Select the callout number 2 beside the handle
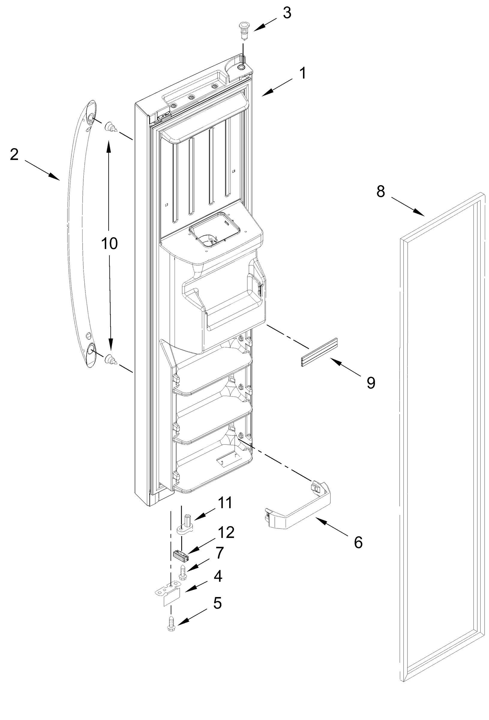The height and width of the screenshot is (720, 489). click(x=15, y=154)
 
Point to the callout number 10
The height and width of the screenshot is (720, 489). click(x=109, y=244)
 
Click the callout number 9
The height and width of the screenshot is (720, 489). click(x=370, y=383)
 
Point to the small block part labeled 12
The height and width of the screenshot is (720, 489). click(x=181, y=555)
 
